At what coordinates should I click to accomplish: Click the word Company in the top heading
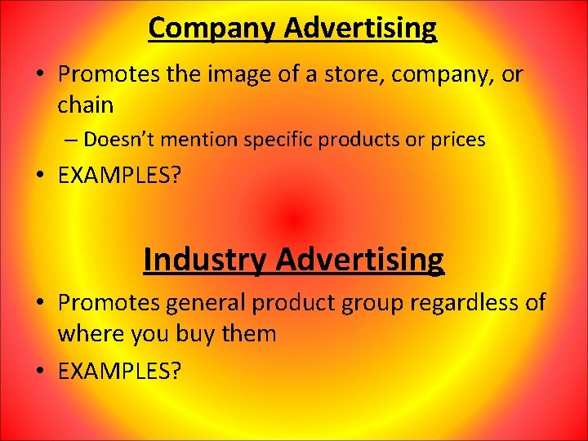click(x=213, y=29)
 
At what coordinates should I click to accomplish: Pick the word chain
click(x=85, y=105)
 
